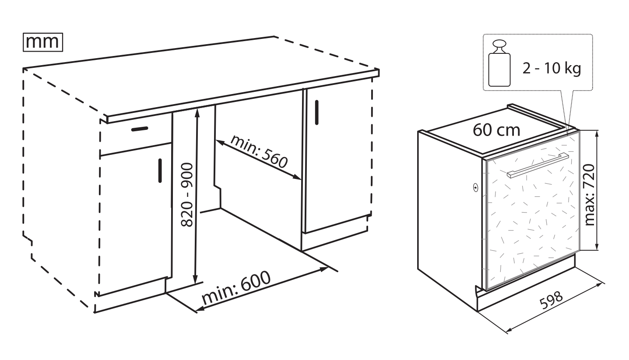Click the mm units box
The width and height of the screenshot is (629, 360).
point(43,42)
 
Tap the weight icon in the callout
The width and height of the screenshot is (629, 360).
point(499,63)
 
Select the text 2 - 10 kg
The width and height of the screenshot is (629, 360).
point(552,68)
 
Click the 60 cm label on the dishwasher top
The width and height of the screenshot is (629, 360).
point(496,130)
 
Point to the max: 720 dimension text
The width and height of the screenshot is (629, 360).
point(589,195)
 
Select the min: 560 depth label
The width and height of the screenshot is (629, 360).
point(259,151)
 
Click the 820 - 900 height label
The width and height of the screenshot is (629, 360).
point(187,195)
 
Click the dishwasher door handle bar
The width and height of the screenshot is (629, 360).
point(538,165)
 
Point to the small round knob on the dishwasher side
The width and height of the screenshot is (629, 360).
point(475,187)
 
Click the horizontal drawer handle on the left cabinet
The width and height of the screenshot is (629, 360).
point(140,129)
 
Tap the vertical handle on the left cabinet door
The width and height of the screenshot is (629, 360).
point(160,171)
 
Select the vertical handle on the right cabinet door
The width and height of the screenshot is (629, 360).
point(317,112)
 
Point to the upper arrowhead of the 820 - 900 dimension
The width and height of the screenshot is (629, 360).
point(197,112)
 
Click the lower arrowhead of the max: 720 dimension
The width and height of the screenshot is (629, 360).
point(597,246)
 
